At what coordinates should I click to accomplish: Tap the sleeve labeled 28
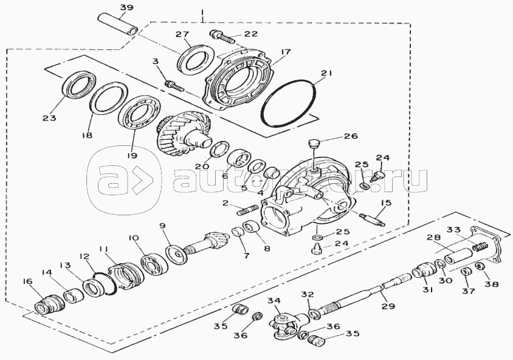coord(456,255)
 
